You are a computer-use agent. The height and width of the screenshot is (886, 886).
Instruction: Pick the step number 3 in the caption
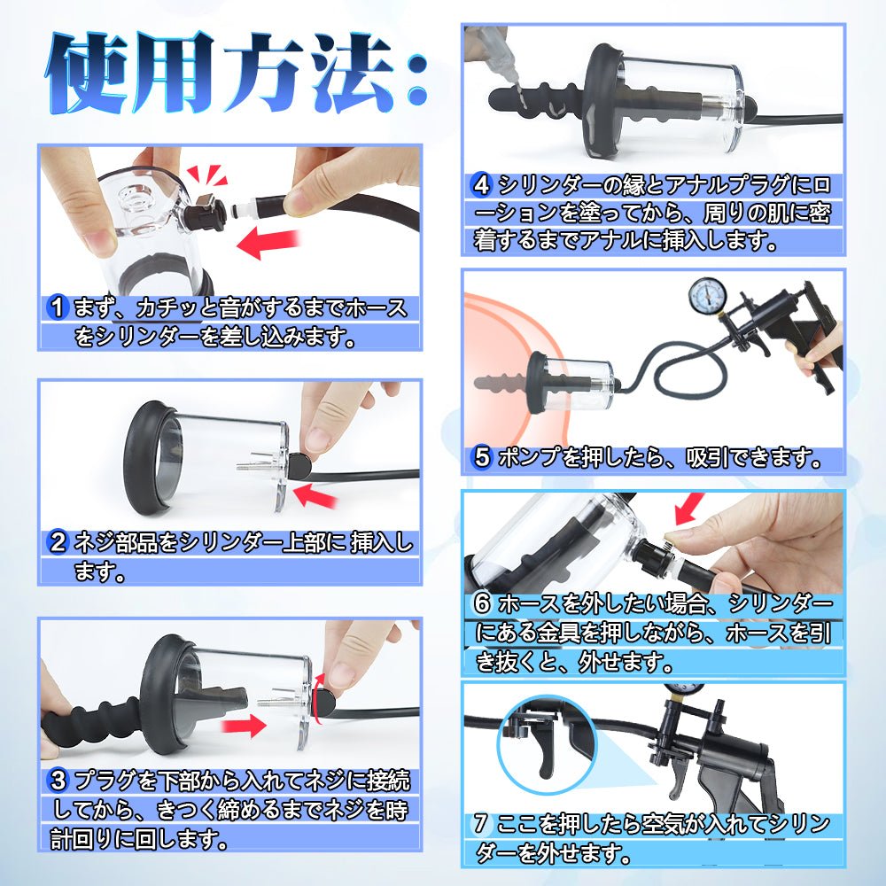[x=59, y=781]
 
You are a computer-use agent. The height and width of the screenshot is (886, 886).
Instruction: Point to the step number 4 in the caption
[x=482, y=186]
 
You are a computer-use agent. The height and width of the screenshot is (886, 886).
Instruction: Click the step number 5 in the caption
[x=482, y=457]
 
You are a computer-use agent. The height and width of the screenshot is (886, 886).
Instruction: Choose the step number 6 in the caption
[x=482, y=604]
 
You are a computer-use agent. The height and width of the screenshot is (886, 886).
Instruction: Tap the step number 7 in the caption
[x=480, y=824]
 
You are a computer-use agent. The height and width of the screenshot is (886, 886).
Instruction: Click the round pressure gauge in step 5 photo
[x=703, y=299]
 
